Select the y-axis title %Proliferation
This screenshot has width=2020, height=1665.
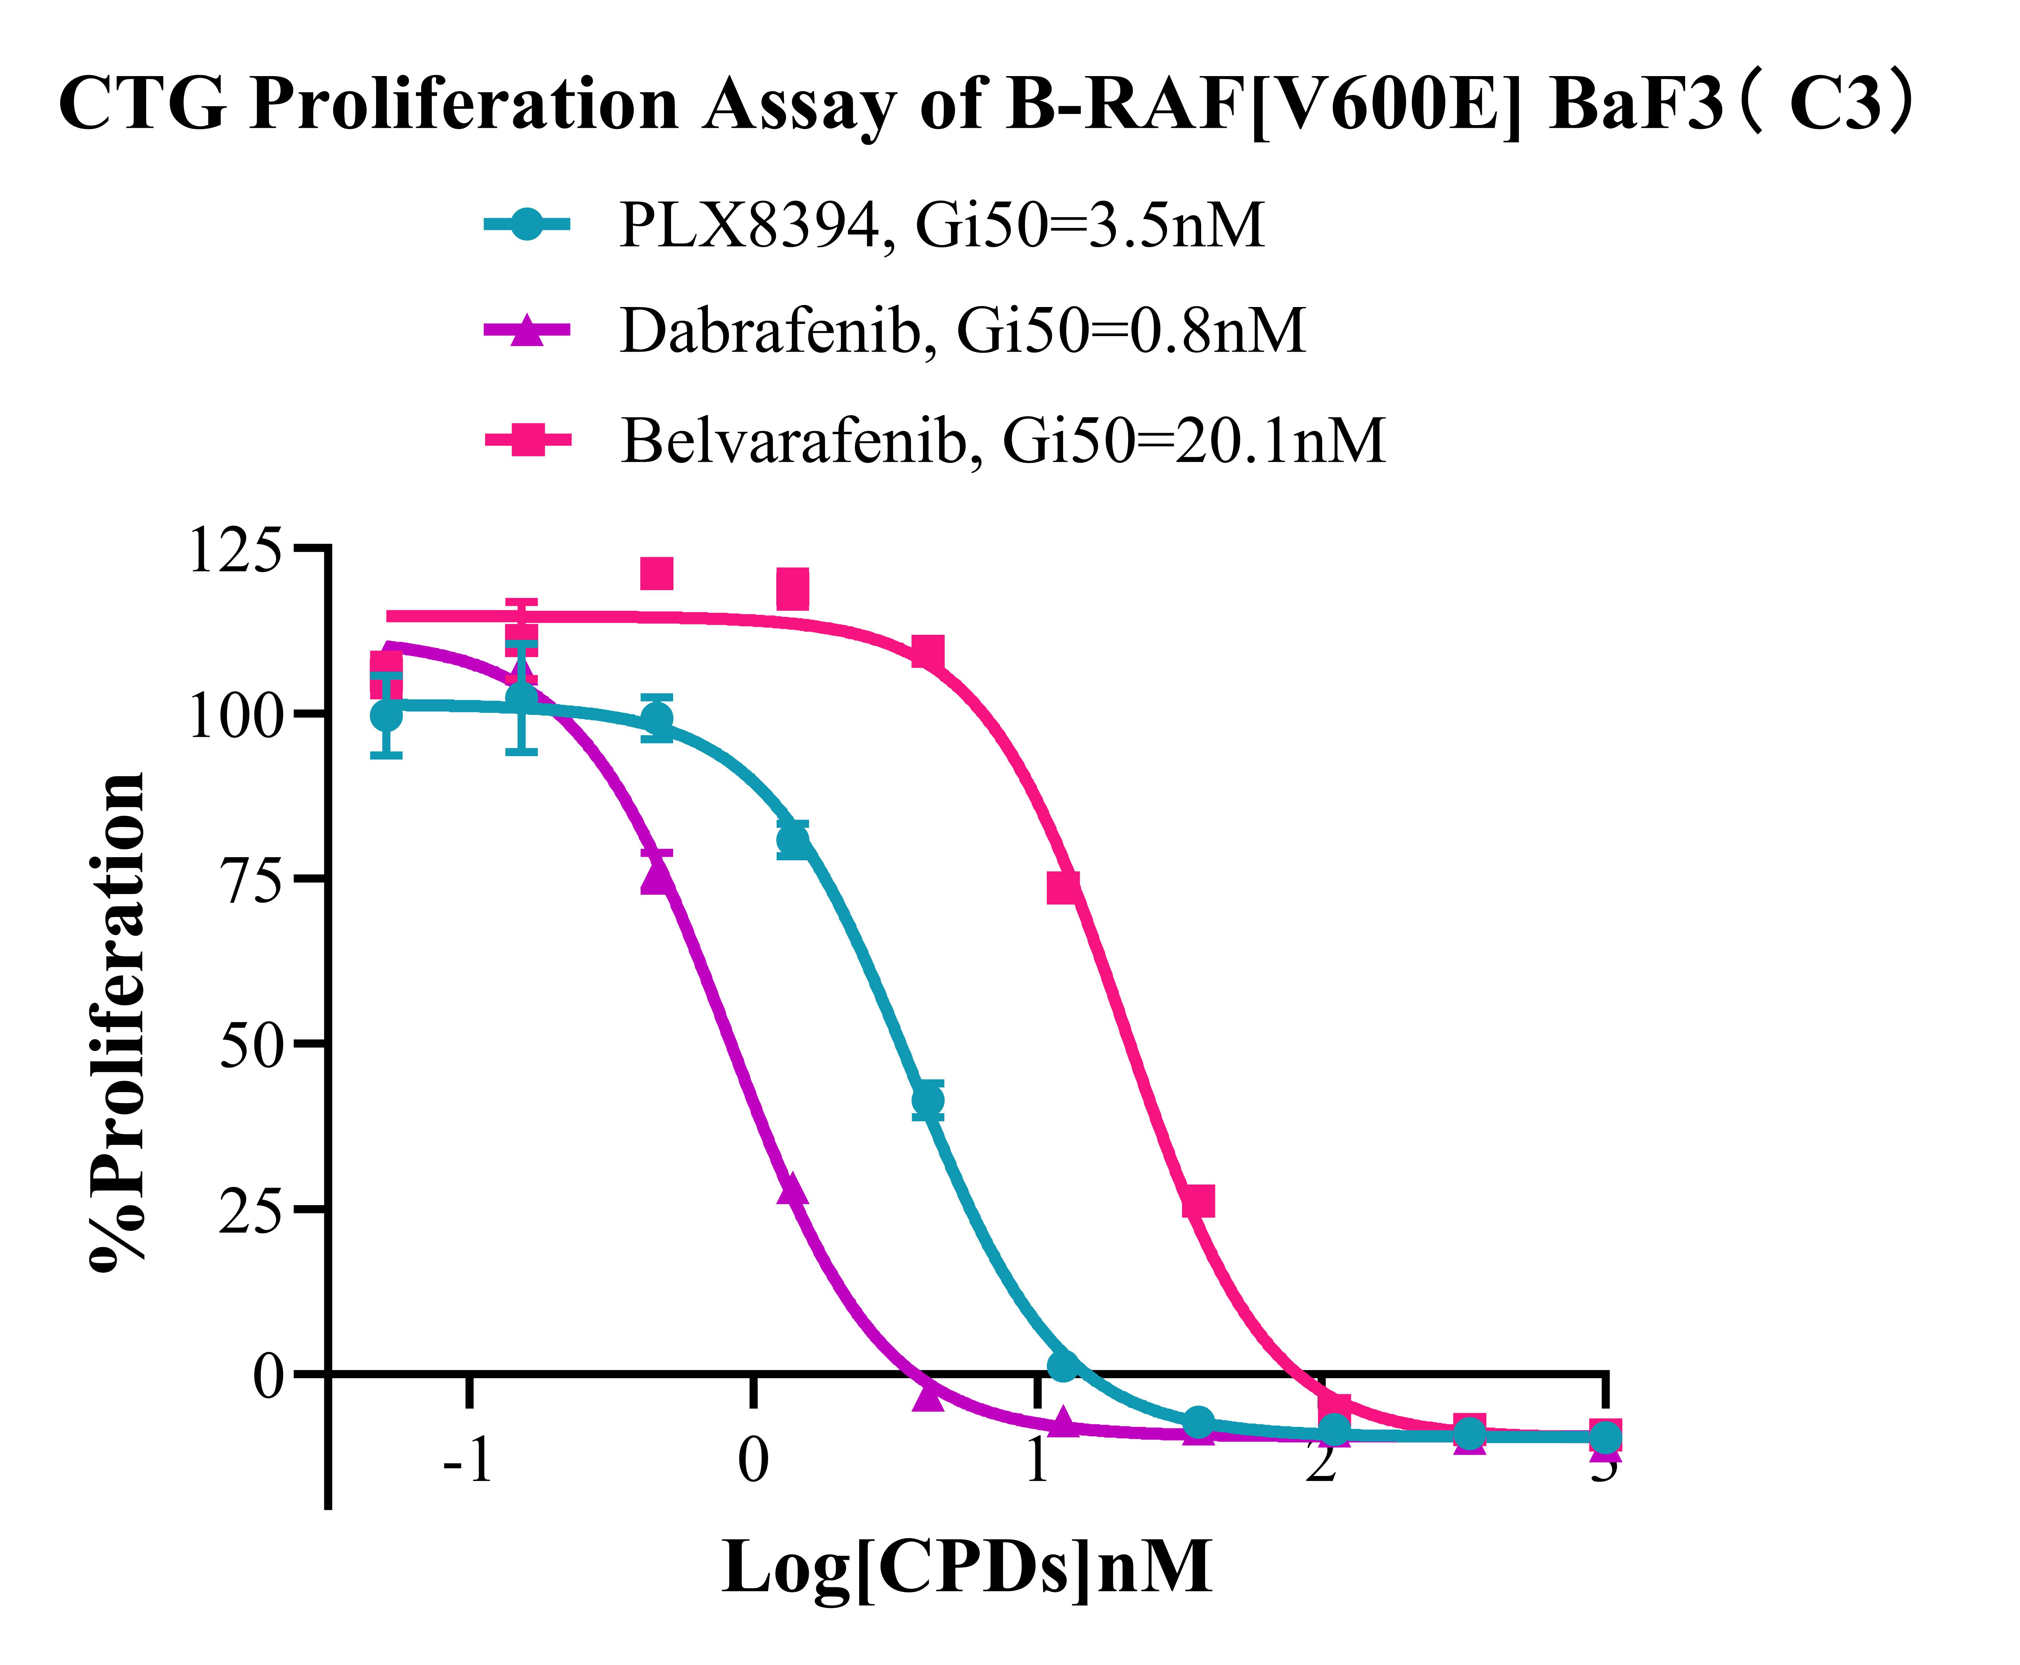(x=117, y=1022)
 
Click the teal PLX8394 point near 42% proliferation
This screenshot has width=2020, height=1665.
(x=926, y=1099)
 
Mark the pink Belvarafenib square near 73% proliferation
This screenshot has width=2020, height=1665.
(x=1063, y=887)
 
